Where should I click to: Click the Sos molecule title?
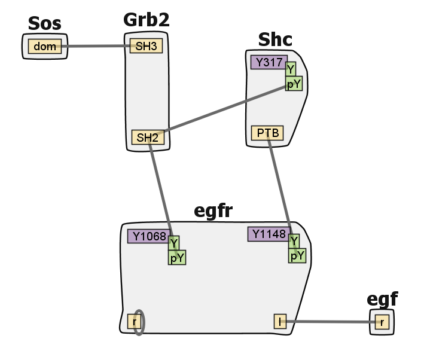coord(44,25)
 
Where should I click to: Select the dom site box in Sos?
coord(45,47)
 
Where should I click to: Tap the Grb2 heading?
coord(147,19)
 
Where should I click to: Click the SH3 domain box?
coord(147,46)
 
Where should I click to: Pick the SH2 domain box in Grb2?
coord(148,138)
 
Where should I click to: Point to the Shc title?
coord(275,39)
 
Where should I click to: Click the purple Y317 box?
coord(269,62)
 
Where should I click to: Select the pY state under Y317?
coord(294,84)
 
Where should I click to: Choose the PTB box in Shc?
coord(267,133)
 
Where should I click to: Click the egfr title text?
coord(213,210)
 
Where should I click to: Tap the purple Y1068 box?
coord(147,236)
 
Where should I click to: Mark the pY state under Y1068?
coord(177,258)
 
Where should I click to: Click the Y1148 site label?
coord(269,234)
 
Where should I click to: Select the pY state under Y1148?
coord(297,256)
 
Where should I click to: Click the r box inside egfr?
coord(135,322)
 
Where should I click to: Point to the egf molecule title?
coord(382,299)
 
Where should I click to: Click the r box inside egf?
coord(382,322)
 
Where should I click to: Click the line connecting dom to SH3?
coord(96,46)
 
